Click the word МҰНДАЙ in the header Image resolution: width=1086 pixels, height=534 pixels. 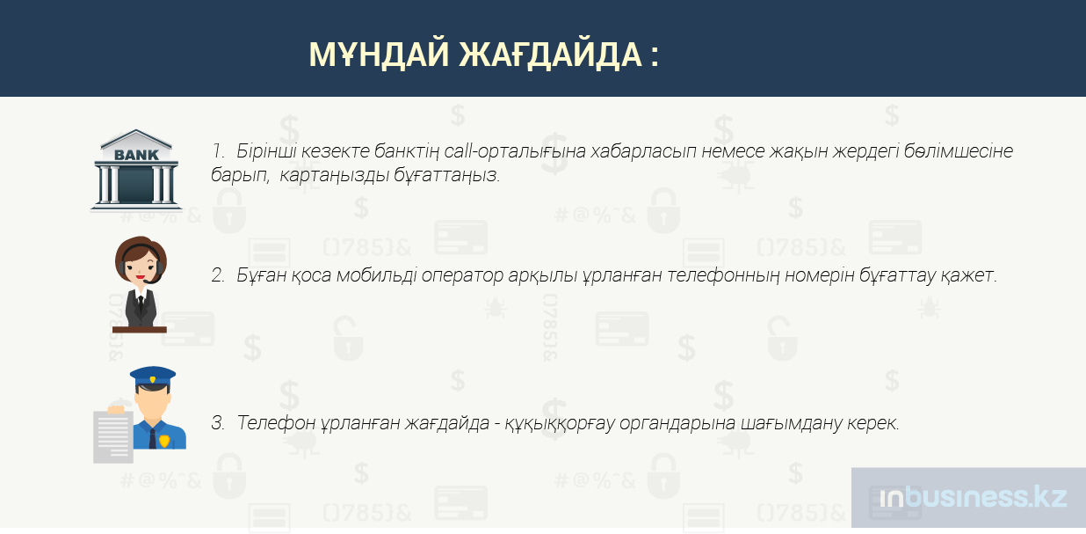(379, 55)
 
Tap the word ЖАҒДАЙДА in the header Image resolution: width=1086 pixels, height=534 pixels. (551, 55)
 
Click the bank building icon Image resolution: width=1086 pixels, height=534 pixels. (136, 171)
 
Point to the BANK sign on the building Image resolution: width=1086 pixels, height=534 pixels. (136, 155)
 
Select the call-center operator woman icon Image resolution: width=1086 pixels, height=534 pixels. (140, 284)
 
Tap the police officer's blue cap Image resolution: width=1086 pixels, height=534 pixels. (153, 377)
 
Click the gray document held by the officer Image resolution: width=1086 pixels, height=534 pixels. (113, 436)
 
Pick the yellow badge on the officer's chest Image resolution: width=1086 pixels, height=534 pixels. (164, 440)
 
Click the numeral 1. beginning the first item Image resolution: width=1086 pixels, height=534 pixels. (218, 151)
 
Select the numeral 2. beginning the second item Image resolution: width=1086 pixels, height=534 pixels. (218, 275)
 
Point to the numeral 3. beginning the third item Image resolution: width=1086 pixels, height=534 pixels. (218, 423)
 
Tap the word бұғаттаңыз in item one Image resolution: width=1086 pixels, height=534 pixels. (446, 175)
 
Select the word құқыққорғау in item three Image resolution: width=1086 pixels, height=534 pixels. (560, 424)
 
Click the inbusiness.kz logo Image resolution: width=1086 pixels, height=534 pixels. (974, 498)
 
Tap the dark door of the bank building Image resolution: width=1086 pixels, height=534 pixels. (136, 185)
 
